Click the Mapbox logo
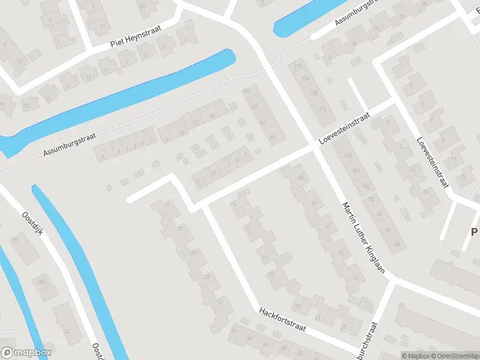click(x=26, y=353)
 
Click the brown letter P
click(x=474, y=232)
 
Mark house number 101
click(x=245, y=91)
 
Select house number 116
click(x=323, y=109)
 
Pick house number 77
click(x=328, y=228)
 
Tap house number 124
click(x=305, y=79)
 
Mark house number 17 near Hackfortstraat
click(x=265, y=257)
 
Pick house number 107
click(x=142, y=7)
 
